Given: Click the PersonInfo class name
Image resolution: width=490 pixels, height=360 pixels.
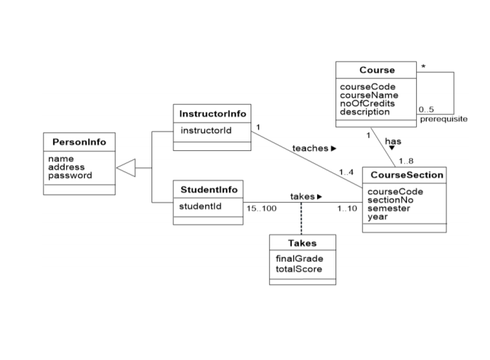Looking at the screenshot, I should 79,142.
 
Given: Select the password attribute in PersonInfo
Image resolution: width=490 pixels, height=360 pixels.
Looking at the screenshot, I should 70,175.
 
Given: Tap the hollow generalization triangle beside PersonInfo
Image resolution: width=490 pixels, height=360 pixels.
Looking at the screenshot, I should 126,167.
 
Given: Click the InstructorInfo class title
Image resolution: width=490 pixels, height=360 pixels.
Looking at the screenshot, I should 212,114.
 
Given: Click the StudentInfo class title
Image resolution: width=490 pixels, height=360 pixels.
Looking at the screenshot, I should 208,188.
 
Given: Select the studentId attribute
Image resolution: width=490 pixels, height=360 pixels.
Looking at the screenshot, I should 199,206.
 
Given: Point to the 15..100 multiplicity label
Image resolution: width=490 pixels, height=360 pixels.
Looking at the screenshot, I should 262,209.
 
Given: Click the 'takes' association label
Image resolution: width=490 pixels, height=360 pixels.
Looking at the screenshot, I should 302,196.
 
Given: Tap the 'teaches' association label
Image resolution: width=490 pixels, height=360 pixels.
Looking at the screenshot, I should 310,148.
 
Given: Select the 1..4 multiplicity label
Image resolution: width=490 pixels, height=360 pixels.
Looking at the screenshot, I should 346,171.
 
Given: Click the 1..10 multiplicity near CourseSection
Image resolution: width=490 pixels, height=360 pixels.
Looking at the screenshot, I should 347,209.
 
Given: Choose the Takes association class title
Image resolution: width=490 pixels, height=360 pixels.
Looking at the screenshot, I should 302,244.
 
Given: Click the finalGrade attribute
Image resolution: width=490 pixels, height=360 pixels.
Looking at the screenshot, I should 299,259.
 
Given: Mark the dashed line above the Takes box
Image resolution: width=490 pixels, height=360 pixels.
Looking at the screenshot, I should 302,218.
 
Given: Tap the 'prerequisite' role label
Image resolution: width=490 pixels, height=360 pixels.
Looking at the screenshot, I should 443,119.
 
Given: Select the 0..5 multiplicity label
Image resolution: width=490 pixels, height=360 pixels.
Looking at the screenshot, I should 426,110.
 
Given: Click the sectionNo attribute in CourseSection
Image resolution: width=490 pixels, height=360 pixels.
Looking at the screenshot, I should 390,199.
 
